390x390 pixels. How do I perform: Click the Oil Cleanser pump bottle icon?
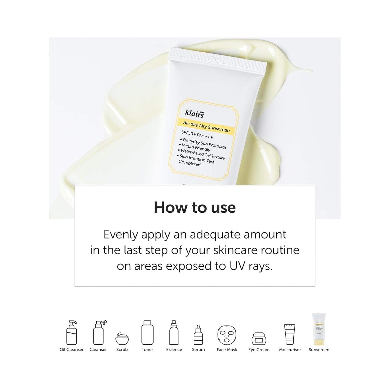point(72,333)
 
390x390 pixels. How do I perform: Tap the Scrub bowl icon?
point(122,338)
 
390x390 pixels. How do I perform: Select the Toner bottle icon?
point(147,333)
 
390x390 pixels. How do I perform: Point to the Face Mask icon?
point(227,335)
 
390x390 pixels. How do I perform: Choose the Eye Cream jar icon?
point(259,338)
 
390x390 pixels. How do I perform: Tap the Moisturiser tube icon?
point(290,334)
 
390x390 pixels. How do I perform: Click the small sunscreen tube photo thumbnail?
point(319,329)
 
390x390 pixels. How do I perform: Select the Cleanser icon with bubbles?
point(99,333)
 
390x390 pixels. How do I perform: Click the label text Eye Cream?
point(259,350)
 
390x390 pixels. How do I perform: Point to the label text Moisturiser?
point(290,350)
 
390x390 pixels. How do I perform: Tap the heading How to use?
point(195,208)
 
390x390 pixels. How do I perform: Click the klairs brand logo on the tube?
point(195,114)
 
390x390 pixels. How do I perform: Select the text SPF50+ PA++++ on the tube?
point(197,134)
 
